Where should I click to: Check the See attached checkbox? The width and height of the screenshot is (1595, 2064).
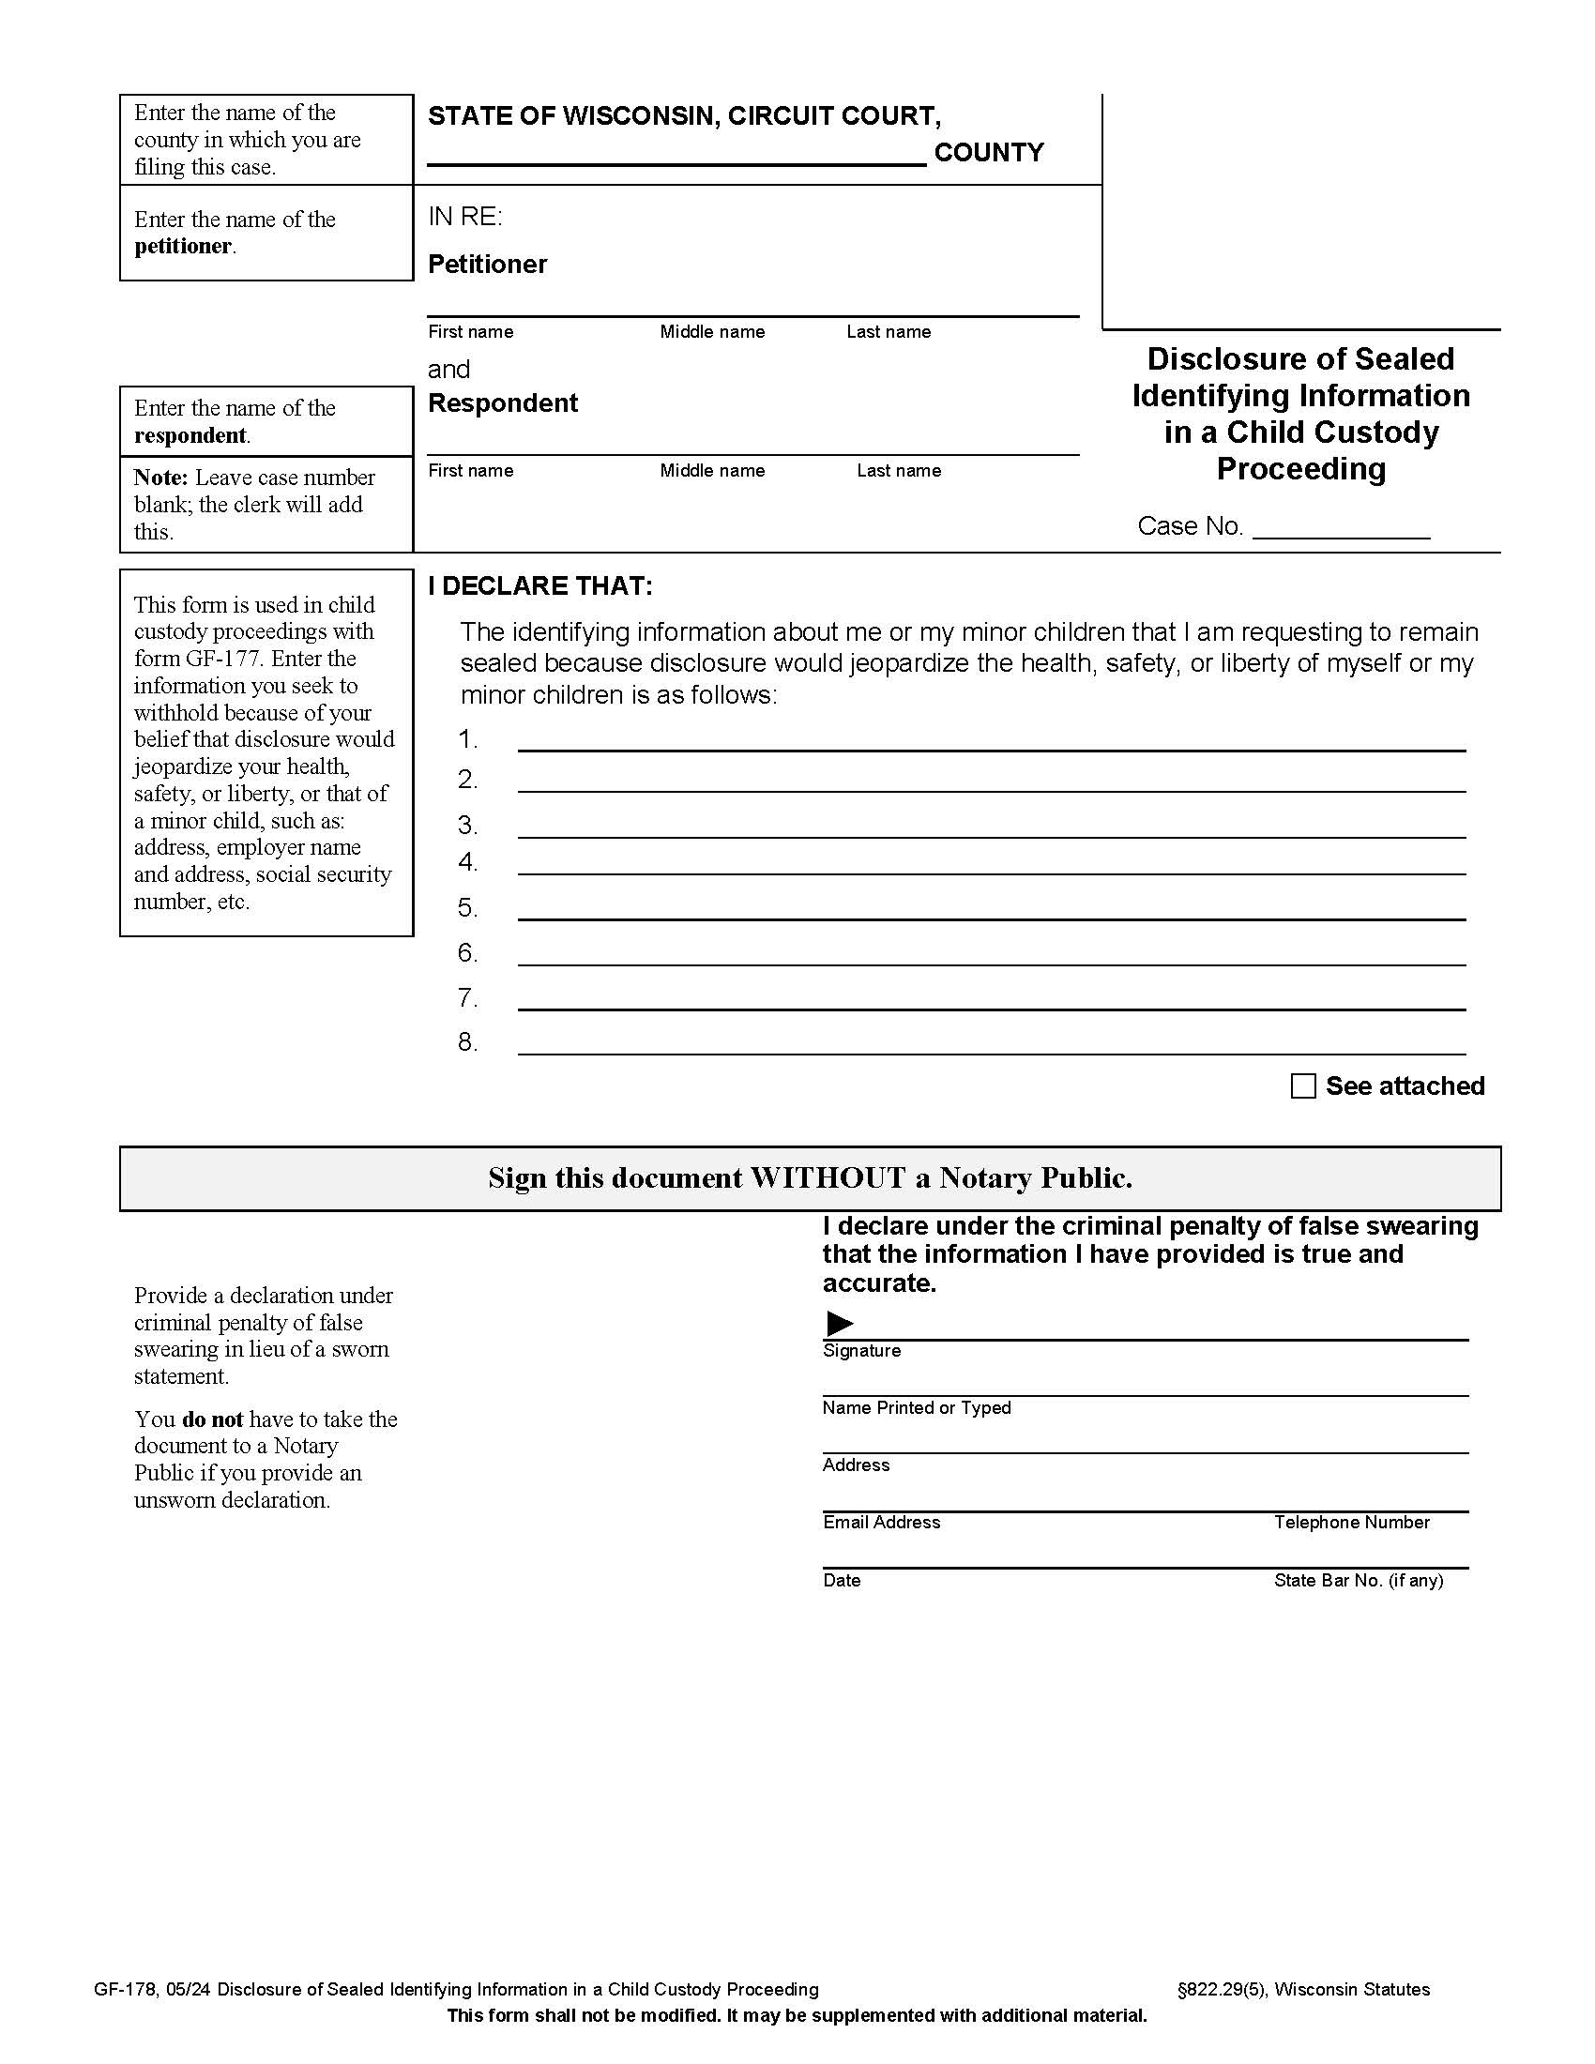(x=1303, y=1085)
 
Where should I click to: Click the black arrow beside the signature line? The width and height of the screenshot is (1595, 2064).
(x=839, y=1323)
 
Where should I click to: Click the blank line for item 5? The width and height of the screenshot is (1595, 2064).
(x=991, y=909)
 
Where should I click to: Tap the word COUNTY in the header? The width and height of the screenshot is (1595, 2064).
(x=988, y=152)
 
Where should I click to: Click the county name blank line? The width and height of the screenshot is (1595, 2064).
(x=676, y=155)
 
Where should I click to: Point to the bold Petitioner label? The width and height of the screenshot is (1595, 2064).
(x=487, y=265)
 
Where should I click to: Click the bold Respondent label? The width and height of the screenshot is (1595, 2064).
(x=503, y=403)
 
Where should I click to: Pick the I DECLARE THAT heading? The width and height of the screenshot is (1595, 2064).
(x=539, y=586)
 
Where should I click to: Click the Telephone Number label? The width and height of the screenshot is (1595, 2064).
(x=1351, y=1523)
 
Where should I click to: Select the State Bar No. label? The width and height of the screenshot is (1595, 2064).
(x=1358, y=1580)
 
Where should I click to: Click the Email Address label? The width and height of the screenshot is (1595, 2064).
(x=881, y=1523)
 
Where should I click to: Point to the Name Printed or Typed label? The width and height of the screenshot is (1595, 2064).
(x=916, y=1408)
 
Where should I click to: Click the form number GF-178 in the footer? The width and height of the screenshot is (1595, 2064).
(x=125, y=1989)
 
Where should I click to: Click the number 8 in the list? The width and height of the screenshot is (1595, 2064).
(x=467, y=1042)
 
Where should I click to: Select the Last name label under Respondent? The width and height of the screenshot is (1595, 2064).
(x=899, y=471)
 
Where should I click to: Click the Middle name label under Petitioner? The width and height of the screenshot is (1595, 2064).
(x=711, y=332)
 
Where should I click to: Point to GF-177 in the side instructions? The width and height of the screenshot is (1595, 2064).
(x=223, y=659)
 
